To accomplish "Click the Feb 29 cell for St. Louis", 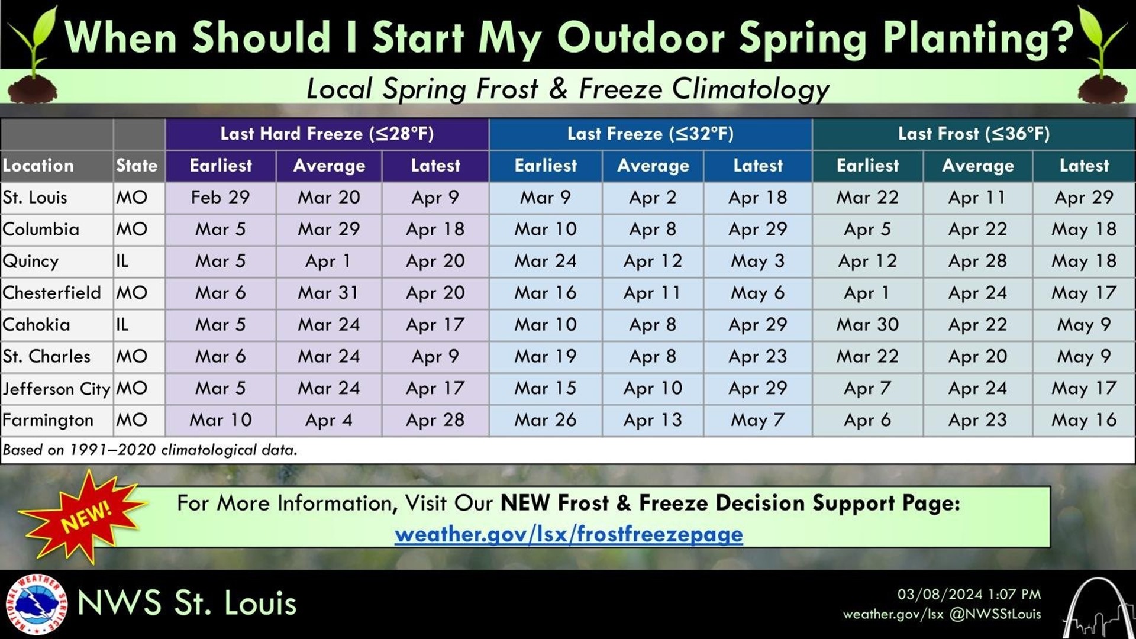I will coord(220,197).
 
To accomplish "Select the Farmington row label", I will coord(48,420).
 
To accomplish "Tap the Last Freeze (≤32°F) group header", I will coord(650,134).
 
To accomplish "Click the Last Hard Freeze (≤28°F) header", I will coord(327,134).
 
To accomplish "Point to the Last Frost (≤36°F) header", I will coord(973,134).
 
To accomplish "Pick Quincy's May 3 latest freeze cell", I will coord(757,261).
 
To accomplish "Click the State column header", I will coord(137,166).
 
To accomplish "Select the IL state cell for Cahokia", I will coord(122,324).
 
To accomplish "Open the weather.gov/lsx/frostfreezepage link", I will coord(569,534).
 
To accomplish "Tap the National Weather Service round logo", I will coord(36,604).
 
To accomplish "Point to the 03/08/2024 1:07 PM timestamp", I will coord(969,594).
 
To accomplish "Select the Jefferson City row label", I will coord(56,389).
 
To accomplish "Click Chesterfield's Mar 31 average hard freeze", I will coord(328,293).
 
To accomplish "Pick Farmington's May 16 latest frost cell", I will coord(1083,420).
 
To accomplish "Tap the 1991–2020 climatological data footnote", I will coord(150,450).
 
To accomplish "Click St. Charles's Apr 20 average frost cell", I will coord(977,356).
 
